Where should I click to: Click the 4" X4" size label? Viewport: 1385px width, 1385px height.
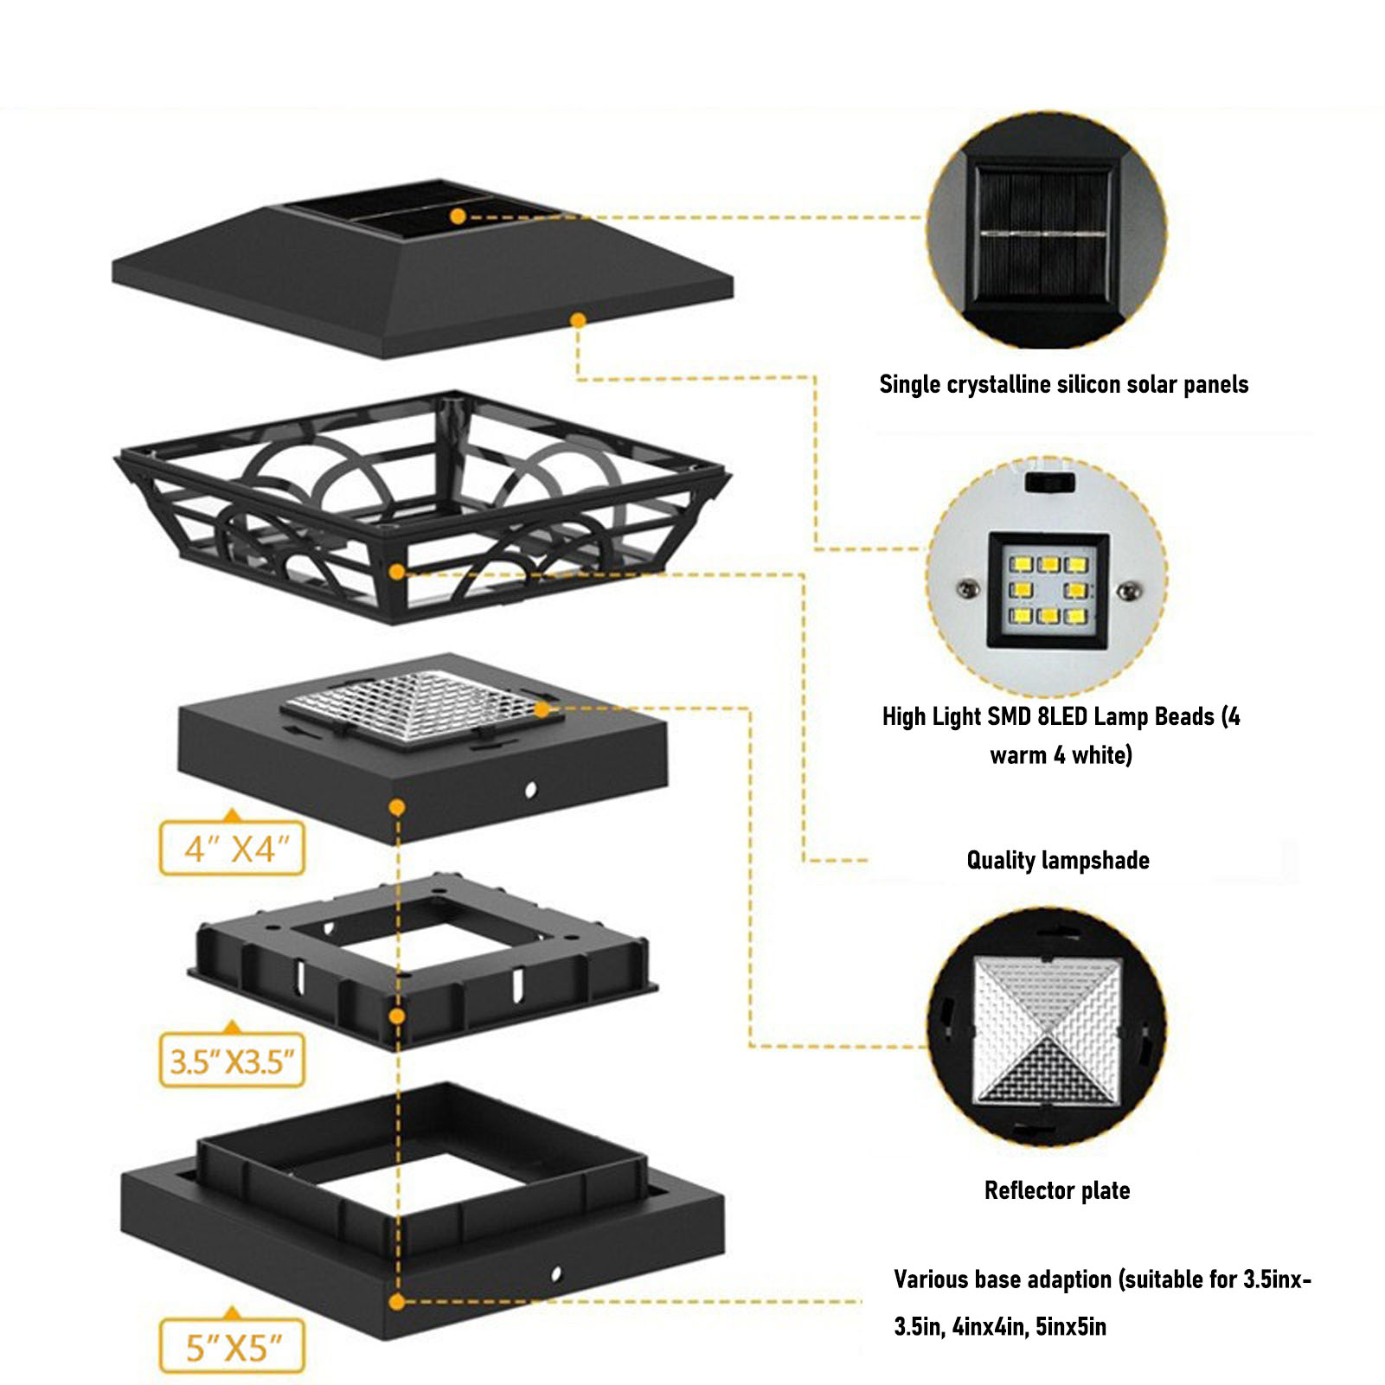[232, 849]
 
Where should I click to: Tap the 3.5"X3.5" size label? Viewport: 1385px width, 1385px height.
[232, 1061]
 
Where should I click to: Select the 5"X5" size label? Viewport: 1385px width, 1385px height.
[232, 1347]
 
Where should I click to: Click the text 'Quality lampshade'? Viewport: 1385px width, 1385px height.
[1057, 860]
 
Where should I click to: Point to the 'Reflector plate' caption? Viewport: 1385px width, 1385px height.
[1056, 1190]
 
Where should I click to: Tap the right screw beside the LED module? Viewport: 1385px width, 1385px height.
[1128, 591]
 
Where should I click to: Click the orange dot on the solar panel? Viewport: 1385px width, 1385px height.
[458, 216]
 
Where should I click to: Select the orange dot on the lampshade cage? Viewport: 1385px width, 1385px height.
[396, 572]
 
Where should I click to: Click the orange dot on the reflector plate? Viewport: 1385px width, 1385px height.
[542, 709]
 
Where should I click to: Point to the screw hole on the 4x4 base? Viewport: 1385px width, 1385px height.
[530, 789]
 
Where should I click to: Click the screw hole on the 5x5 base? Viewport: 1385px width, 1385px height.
[555, 1274]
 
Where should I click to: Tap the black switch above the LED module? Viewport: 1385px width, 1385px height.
[1049, 481]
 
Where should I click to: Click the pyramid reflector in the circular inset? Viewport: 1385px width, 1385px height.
[1047, 1029]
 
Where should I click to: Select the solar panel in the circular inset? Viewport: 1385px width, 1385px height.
[1043, 234]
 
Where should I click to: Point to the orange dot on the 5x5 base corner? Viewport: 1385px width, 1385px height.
[397, 1301]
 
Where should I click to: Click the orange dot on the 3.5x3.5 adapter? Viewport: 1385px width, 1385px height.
[397, 1016]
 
